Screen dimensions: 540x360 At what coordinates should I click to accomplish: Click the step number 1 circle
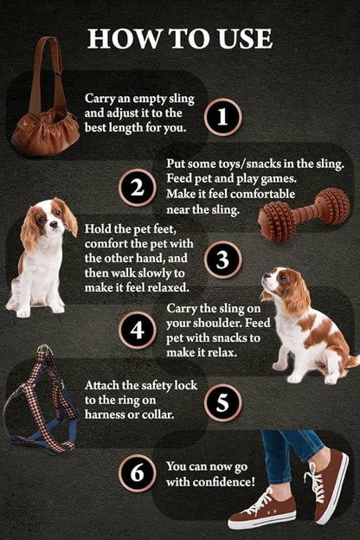pyautogui.click(x=222, y=116)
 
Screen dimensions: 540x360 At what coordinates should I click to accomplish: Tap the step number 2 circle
pyautogui.click(x=137, y=188)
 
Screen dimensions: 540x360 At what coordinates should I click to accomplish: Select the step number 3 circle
pyautogui.click(x=222, y=260)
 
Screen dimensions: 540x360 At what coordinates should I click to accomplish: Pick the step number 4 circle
pyautogui.click(x=137, y=331)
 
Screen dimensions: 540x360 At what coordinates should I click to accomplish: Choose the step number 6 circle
pyautogui.click(x=137, y=472)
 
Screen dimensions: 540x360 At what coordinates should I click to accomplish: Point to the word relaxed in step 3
pyautogui.click(x=164, y=286)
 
